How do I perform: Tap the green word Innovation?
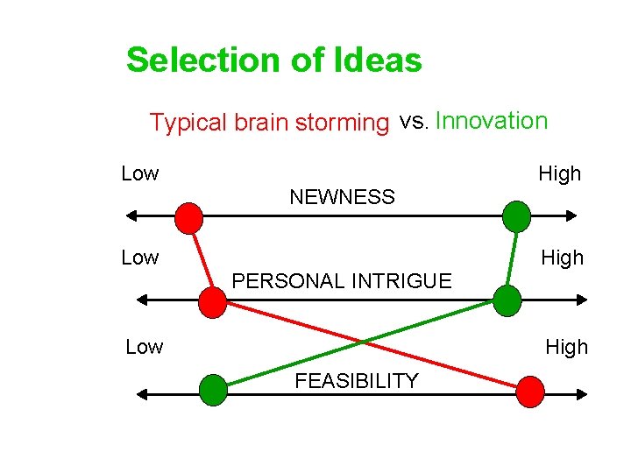tap(491, 121)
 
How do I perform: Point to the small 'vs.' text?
tap(414, 121)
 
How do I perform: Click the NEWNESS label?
tap(342, 197)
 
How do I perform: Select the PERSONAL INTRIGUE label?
tap(342, 281)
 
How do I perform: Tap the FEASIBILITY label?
tap(357, 380)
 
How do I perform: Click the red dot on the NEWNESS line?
tap(188, 216)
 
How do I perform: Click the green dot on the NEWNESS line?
tap(517, 215)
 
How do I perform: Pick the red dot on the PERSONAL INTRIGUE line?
tap(212, 301)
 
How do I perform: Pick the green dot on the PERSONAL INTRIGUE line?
tap(507, 300)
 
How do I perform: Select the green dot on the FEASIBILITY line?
tap(213, 390)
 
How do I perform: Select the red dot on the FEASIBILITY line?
tap(529, 392)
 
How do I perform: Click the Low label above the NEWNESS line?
tap(140, 173)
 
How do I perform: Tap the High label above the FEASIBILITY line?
tap(566, 347)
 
